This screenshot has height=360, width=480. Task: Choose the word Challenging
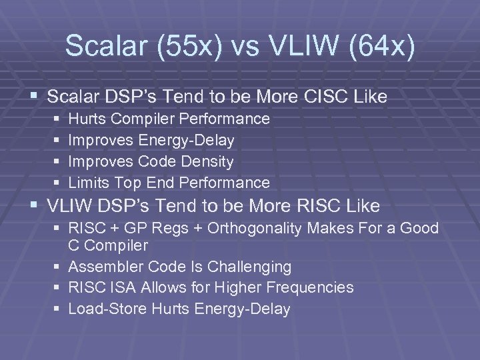pos(250,267)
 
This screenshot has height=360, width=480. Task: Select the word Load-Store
pos(107,309)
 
